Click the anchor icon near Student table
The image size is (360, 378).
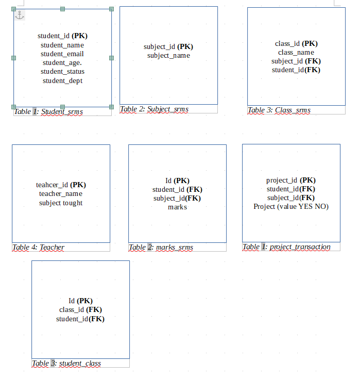(x=19, y=15)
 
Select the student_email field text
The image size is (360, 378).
(x=62, y=54)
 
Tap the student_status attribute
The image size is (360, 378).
(x=62, y=72)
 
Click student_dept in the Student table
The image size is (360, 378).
(x=62, y=80)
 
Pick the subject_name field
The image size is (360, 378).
(x=168, y=56)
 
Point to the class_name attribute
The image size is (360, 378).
(x=296, y=52)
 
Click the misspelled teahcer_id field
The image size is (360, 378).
(x=61, y=185)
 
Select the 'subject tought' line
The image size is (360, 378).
(x=61, y=203)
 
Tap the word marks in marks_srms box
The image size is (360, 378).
(x=177, y=207)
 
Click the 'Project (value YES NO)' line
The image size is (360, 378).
(x=291, y=206)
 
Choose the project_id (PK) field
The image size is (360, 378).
(x=291, y=180)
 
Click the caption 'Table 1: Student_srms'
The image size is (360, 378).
(x=48, y=111)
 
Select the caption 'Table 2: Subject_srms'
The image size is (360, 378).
(x=154, y=109)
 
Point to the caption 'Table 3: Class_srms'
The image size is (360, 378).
(x=279, y=110)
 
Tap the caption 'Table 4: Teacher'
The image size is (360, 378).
(x=39, y=248)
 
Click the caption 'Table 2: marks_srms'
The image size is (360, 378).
(x=161, y=248)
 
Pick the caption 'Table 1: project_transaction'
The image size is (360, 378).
(x=286, y=247)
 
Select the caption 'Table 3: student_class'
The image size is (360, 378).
(x=66, y=364)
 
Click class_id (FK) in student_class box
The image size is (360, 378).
(x=80, y=310)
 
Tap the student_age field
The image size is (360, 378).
(x=62, y=63)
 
